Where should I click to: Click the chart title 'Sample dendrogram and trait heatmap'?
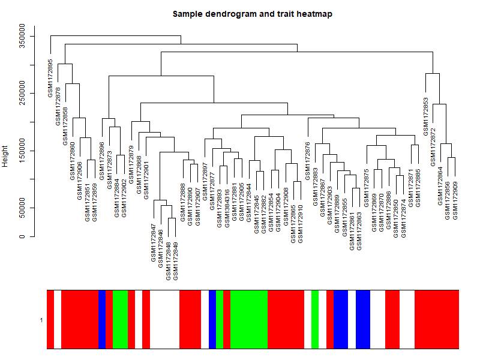click(252, 14)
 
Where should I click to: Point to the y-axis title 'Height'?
click(6, 155)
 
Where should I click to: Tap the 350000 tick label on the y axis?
click(23, 37)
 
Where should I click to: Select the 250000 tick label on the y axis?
click(23, 94)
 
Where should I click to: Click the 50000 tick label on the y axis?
click(23, 208)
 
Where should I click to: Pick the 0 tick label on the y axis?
click(23, 236)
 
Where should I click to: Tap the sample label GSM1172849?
click(176, 261)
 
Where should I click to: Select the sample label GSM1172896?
click(102, 161)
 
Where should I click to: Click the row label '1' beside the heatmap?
click(41, 320)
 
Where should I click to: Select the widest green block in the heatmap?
click(249, 319)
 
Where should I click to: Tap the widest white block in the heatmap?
click(164, 319)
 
